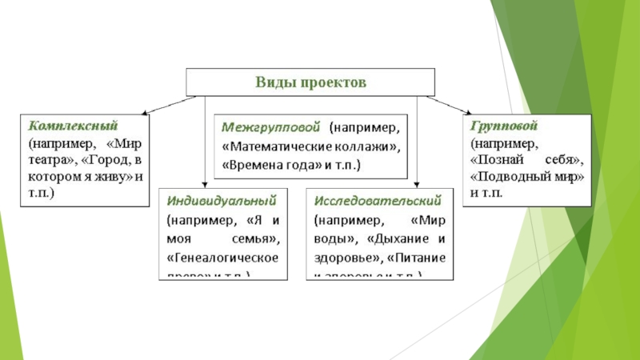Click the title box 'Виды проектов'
click(x=310, y=82)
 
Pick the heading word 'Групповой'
click(x=503, y=126)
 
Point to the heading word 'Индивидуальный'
click(x=222, y=198)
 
